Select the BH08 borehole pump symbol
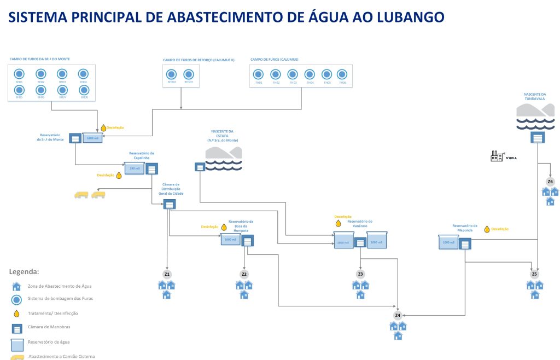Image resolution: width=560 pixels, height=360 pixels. pyautogui.click(x=83, y=90)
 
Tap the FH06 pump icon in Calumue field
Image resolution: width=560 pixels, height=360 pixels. pyautogui.click(x=342, y=74)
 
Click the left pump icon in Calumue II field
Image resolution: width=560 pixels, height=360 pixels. pyautogui.click(x=172, y=74)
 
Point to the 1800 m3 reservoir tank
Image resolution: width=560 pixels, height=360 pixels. pyautogui.click(x=92, y=138)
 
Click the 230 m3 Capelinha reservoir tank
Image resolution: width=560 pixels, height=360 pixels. pyautogui.click(x=134, y=169)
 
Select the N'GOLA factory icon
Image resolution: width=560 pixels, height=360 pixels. pyautogui.click(x=497, y=156)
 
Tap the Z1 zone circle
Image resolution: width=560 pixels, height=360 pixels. pyautogui.click(x=167, y=274)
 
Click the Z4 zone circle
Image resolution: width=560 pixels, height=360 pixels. pyautogui.click(x=398, y=316)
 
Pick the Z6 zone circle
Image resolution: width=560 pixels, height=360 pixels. pyautogui.click(x=550, y=182)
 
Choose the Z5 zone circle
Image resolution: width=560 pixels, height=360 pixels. pyautogui.click(x=535, y=274)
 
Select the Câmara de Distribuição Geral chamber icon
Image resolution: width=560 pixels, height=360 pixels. pyautogui.click(x=170, y=204)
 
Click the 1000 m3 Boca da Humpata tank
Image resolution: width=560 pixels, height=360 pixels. pyautogui.click(x=230, y=240)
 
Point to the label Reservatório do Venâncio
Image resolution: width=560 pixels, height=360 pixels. pyautogui.click(x=359, y=224)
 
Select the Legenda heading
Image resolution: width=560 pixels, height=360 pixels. pyautogui.click(x=24, y=271)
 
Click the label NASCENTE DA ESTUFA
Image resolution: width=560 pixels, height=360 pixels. pyautogui.click(x=222, y=133)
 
